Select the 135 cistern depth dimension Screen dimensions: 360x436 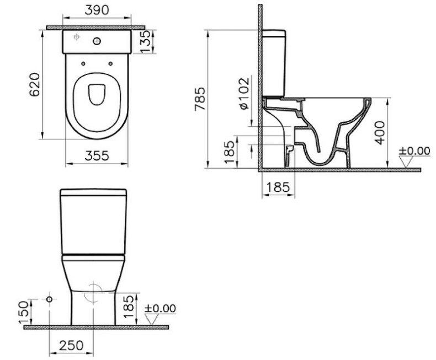(x=146, y=42)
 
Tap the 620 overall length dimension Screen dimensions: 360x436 (x=34, y=84)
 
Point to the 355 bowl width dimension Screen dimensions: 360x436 (x=97, y=156)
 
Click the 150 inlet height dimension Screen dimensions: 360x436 (x=22, y=312)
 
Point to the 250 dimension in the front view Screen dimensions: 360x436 (x=71, y=345)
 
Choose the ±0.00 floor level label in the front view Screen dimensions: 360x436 (x=159, y=308)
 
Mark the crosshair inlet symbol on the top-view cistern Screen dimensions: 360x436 (x=77, y=37)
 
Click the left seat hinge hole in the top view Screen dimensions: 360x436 (x=83, y=63)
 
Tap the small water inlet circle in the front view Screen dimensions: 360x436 (x=50, y=299)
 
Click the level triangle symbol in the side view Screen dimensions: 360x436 (x=407, y=162)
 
